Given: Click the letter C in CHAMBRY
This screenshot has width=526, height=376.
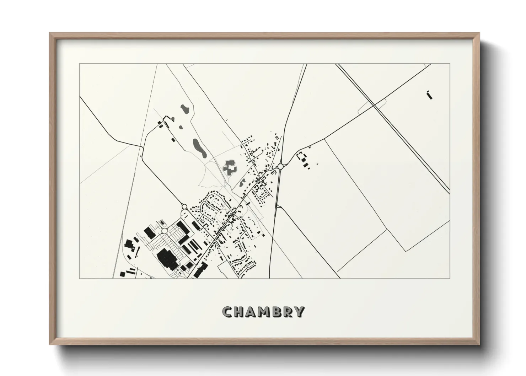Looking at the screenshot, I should click(x=227, y=312).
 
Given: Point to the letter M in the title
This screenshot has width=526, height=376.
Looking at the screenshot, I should click(x=265, y=312).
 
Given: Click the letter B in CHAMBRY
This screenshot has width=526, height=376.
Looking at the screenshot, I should click(x=277, y=312).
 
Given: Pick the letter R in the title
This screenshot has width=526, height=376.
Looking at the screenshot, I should click(x=288, y=312).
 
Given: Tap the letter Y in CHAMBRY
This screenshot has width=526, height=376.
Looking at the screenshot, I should click(x=300, y=312).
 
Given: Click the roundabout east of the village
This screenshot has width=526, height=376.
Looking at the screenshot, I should click(x=280, y=166).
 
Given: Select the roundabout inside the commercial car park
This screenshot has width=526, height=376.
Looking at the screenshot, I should click(x=164, y=231).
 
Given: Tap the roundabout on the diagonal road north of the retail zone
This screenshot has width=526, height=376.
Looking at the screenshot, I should click(x=184, y=207).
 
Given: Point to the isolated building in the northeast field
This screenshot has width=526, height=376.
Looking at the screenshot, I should click(x=429, y=95).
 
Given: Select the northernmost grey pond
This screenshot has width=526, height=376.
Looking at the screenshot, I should click(x=184, y=108).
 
